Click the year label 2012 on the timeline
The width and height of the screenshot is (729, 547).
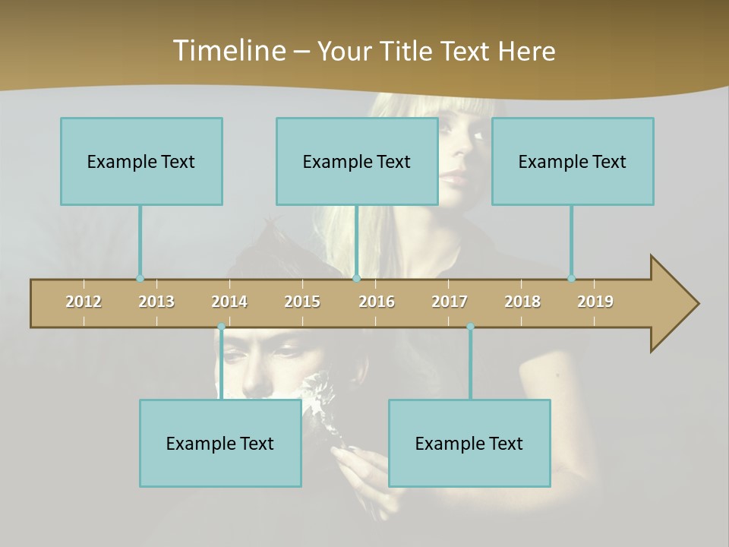84,302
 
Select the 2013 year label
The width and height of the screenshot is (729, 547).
156,302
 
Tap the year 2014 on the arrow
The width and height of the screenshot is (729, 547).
229,302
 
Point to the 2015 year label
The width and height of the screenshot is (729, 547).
302,302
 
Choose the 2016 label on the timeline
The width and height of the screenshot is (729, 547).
377,302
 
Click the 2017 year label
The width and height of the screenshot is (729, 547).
450,302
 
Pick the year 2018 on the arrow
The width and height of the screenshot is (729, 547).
522,302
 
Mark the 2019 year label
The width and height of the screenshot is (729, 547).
595,302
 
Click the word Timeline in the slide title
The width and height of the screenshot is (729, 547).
227,51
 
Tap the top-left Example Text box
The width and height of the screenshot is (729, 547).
141,161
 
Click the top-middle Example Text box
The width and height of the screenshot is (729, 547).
357,161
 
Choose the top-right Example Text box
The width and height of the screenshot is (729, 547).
573,161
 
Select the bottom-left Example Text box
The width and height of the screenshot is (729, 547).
220,443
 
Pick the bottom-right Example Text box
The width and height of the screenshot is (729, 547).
469,443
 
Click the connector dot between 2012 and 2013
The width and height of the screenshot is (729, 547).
140,279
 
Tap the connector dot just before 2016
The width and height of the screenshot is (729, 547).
357,279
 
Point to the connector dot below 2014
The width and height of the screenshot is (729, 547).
221,327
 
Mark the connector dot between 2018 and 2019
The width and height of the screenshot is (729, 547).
572,279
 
